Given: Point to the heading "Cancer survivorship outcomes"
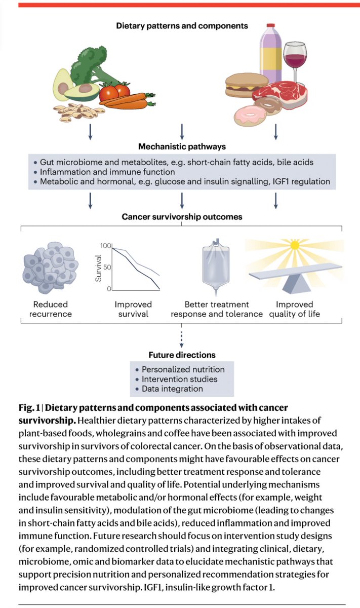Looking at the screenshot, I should point(182,217).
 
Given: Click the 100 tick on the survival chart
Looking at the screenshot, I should point(105,246).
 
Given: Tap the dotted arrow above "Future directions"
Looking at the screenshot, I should point(182,338).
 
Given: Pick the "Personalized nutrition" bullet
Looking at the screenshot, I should point(183,369).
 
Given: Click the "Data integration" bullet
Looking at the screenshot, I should point(172,389).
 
